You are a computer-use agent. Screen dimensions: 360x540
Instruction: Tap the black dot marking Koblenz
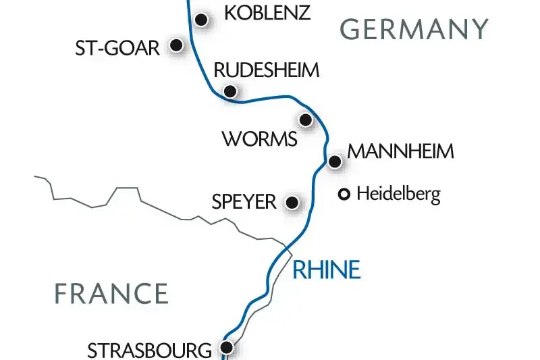[200, 19]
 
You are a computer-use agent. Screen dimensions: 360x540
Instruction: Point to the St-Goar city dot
[176, 45]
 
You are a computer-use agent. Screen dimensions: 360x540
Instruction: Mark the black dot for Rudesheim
[230, 91]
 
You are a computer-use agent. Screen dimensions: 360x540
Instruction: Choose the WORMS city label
[259, 140]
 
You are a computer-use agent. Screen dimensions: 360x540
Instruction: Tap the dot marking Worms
[305, 120]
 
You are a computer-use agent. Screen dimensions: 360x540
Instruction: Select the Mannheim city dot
[333, 161]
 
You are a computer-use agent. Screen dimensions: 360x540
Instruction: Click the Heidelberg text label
[398, 195]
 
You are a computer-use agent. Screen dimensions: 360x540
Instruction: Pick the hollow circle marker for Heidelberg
[344, 195]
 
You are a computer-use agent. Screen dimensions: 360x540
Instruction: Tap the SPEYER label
[244, 202]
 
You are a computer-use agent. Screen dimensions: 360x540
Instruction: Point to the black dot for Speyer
[292, 202]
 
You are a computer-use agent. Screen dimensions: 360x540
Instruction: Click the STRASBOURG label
[149, 351]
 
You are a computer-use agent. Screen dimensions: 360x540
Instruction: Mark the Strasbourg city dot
[227, 348]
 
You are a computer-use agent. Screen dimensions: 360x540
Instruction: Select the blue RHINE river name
[327, 270]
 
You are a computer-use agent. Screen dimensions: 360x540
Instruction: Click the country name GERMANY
[414, 30]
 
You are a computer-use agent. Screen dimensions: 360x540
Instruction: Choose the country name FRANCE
[111, 294]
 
